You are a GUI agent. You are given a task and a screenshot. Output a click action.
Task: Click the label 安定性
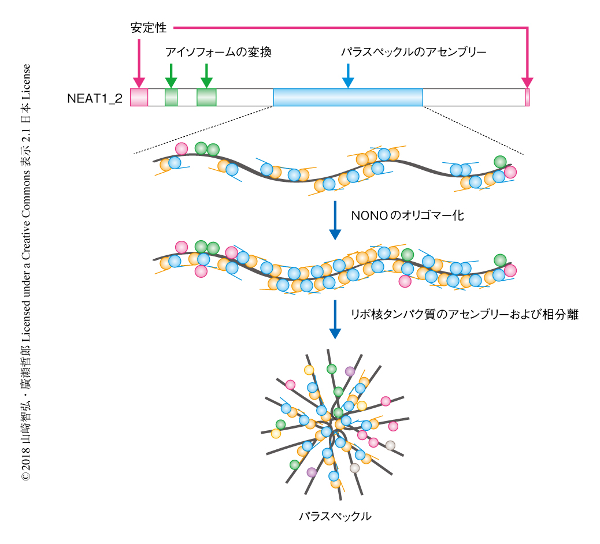[149, 27]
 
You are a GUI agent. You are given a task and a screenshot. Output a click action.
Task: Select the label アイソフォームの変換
[218, 53]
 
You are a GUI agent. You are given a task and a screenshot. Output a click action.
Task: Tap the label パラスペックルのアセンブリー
[413, 53]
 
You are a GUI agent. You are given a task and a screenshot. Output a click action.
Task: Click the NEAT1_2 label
[94, 98]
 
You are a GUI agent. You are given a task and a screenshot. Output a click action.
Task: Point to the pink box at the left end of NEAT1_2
[139, 97]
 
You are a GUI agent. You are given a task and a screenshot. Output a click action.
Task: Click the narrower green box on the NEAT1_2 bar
[171, 97]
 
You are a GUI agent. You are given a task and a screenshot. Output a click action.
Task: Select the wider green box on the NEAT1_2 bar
[206, 97]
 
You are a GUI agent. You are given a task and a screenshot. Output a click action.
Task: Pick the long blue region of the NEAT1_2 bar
[347, 97]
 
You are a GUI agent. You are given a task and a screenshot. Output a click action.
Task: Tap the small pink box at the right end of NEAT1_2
[527, 97]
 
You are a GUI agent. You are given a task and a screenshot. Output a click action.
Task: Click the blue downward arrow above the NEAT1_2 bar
[347, 76]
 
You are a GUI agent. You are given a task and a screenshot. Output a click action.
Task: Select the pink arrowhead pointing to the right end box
[527, 81]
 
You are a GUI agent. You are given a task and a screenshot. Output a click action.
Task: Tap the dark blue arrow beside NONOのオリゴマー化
[335, 220]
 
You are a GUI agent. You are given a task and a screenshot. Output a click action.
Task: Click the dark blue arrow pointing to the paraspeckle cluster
[335, 319]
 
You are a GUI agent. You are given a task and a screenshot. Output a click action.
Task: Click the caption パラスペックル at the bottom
[335, 516]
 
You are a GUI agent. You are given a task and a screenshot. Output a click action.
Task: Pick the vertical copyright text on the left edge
[26, 271]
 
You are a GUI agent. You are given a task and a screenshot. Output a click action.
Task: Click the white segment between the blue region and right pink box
[473, 97]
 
